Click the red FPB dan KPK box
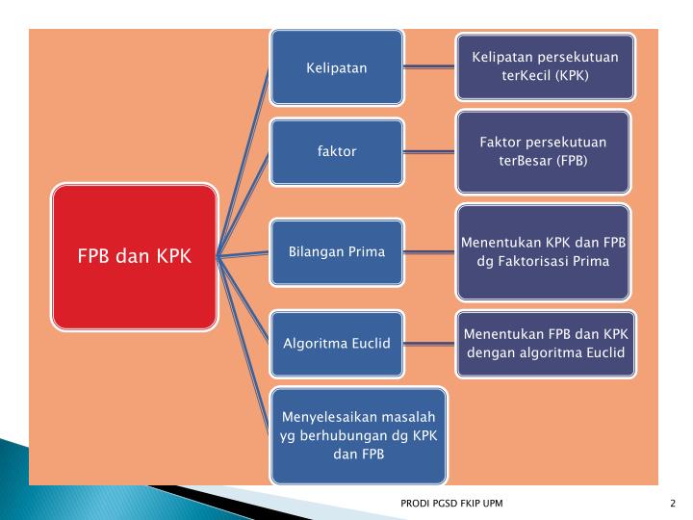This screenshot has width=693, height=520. tap(135, 257)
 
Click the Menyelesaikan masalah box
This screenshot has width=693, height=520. tap(358, 436)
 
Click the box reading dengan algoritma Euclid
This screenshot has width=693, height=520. tap(545, 343)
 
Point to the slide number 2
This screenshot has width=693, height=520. tap(673, 504)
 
